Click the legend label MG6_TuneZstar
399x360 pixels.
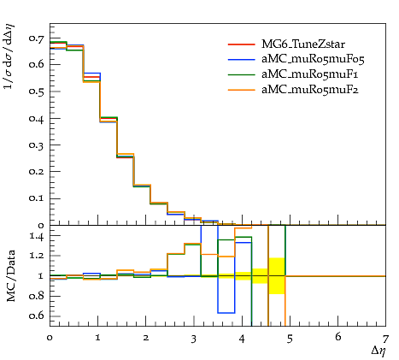coord(303,44)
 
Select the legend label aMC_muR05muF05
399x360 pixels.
coord(313,59)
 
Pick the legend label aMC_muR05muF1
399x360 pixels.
coord(309,74)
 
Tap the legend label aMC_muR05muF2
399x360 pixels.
coord(310,90)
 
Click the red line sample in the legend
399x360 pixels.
coord(241,44)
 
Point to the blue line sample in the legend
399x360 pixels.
coord(241,59)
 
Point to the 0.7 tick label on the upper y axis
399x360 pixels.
coord(36,38)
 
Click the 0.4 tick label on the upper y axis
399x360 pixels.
coord(36,118)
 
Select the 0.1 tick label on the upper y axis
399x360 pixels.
coord(36,198)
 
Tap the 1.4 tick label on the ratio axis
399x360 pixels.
coord(36,236)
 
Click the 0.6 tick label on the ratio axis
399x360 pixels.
coord(36,316)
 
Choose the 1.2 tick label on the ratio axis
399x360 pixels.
coord(36,256)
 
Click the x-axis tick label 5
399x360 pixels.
coord(290,339)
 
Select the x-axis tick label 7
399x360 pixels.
coord(385,339)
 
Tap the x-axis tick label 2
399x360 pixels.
coord(146,338)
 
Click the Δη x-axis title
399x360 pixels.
coord(378,351)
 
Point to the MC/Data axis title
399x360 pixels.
coord(11,276)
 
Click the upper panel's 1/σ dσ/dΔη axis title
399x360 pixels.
coord(9,56)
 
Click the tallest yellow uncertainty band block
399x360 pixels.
coord(277,275)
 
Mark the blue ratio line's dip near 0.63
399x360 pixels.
coord(226,313)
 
